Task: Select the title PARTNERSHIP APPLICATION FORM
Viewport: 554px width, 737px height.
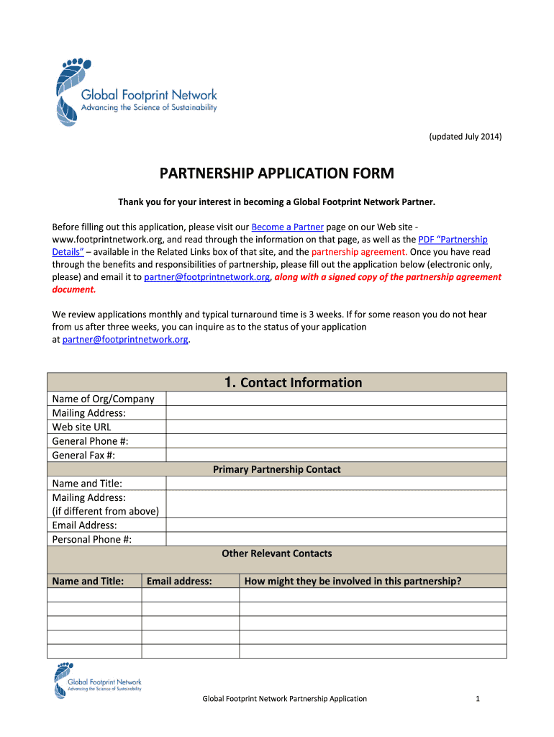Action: click(276, 173)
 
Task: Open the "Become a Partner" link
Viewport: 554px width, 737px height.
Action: click(287, 227)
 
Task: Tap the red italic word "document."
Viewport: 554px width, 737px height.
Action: click(73, 289)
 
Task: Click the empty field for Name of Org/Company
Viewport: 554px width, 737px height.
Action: click(336, 399)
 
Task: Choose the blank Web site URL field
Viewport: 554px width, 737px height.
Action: click(336, 427)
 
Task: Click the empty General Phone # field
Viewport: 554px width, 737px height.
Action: click(336, 441)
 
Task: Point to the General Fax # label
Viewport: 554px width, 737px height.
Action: click(83, 455)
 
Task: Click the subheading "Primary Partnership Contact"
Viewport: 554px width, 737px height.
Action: click(276, 469)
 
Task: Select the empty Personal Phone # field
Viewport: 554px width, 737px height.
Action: click(336, 539)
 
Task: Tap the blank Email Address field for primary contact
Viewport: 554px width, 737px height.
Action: click(336, 525)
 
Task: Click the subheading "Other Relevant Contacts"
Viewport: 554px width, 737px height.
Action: click(276, 553)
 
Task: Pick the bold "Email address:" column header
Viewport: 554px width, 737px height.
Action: click(179, 581)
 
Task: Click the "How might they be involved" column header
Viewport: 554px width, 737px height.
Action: click(353, 581)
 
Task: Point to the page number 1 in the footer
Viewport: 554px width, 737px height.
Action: click(478, 698)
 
